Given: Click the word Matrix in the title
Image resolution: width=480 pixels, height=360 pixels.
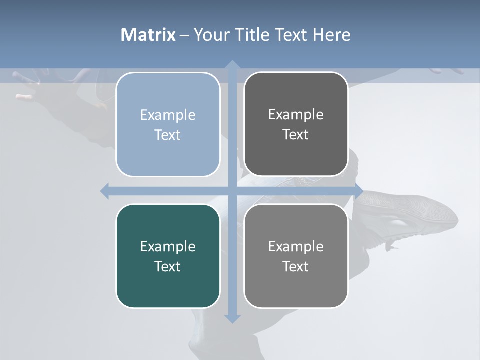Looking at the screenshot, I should (x=148, y=35).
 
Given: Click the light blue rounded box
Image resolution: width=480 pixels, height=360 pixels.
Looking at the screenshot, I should (x=168, y=124).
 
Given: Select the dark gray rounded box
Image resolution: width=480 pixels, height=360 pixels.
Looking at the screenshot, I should (x=296, y=124).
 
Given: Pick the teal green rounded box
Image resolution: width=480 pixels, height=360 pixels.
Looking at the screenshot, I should (x=168, y=256).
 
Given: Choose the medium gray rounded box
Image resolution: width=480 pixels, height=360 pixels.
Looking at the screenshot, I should (x=296, y=256).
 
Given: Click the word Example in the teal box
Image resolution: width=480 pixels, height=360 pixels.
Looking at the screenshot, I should (x=168, y=246).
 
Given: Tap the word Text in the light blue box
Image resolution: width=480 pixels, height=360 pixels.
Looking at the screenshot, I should (x=168, y=135).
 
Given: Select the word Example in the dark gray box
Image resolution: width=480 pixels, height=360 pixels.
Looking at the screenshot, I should (x=296, y=114).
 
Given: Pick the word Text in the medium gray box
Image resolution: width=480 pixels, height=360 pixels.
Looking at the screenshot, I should (x=296, y=266).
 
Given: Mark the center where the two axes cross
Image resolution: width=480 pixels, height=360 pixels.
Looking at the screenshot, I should (x=232, y=191).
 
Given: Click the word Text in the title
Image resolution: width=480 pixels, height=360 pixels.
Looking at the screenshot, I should (x=292, y=35).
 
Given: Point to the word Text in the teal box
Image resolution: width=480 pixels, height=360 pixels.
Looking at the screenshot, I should (x=168, y=266).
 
